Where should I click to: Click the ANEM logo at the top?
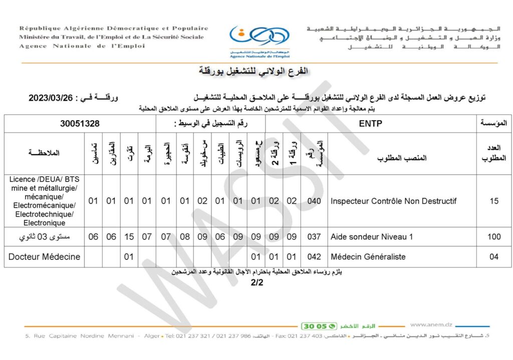point(259,40)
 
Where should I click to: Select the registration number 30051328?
point(80,124)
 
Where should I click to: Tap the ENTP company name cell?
point(371,124)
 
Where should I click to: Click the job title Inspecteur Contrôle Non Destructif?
point(394,201)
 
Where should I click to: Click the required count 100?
point(494,237)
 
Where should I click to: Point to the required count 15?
point(494,201)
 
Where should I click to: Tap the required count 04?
point(494,257)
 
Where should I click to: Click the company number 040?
point(314,201)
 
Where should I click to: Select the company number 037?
point(314,237)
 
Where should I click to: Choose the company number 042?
point(314,257)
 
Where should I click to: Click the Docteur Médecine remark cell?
point(45,257)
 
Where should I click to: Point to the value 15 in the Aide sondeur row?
point(129,237)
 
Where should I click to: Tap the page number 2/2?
point(257,282)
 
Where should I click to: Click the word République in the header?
point(40,29)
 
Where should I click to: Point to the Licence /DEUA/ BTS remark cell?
point(45,201)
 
